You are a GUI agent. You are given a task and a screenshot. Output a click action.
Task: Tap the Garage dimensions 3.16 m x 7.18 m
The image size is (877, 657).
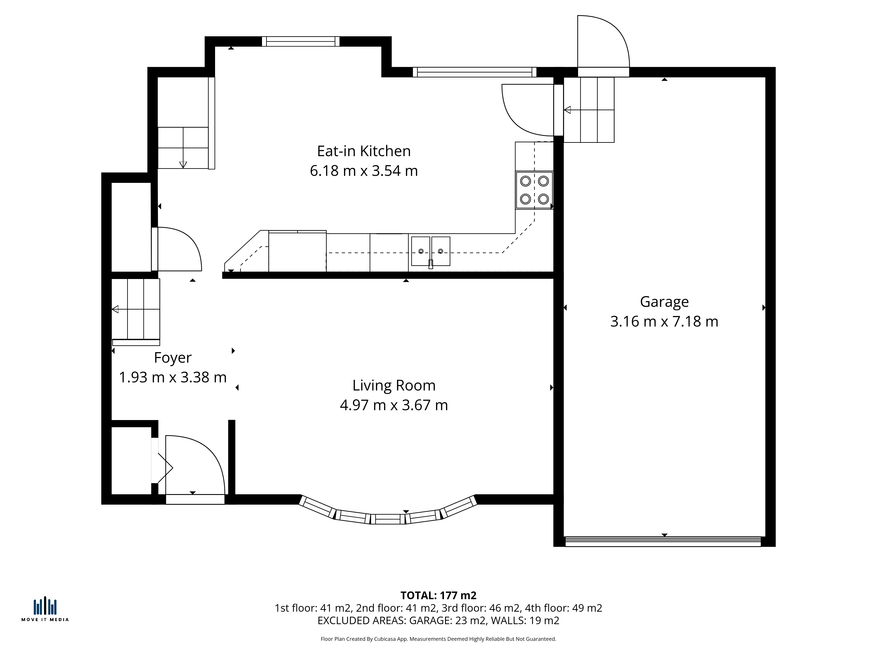[664, 321]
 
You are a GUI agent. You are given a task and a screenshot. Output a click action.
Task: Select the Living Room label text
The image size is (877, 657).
[394, 385]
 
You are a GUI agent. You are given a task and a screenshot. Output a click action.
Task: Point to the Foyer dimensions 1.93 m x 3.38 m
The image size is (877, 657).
[173, 377]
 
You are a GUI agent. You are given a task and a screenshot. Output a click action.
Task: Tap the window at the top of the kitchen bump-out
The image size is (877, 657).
[301, 41]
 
